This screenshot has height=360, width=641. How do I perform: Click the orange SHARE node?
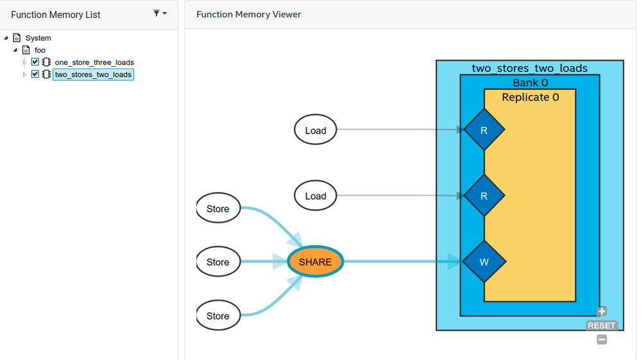click(315, 262)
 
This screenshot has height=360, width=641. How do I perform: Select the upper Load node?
click(315, 130)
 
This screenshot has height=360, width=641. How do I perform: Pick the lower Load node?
click(315, 196)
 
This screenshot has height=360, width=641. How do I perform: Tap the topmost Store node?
click(218, 209)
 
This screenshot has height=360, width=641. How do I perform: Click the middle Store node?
click(218, 262)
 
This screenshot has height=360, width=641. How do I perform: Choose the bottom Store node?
click(218, 316)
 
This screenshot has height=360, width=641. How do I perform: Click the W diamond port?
click(484, 262)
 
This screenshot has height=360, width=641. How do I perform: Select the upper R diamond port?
click(484, 130)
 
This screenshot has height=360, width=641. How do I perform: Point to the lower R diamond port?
click(484, 196)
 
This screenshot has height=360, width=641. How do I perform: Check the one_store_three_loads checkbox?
click(35, 62)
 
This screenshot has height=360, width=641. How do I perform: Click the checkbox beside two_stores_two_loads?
click(35, 74)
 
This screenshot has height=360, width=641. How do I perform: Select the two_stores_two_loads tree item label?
click(93, 74)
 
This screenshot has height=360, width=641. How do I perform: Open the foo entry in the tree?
click(40, 50)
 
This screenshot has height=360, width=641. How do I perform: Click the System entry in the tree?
click(38, 38)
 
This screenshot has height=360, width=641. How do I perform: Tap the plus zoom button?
click(602, 312)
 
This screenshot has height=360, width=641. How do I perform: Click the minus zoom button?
click(602, 339)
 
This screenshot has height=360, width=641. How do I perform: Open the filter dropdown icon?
click(159, 13)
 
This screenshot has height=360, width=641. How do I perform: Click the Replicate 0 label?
click(530, 98)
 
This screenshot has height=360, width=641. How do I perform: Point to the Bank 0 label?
click(530, 83)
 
